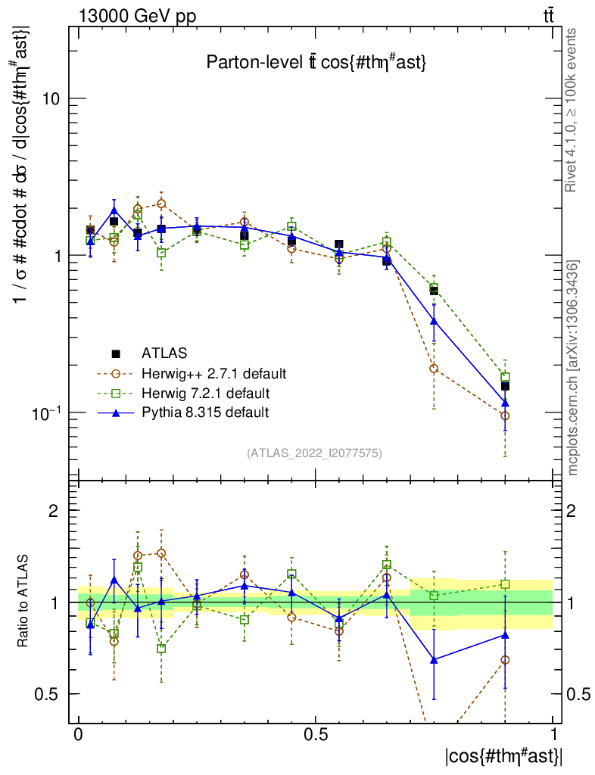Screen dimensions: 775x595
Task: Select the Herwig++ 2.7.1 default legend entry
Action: pos(213,373)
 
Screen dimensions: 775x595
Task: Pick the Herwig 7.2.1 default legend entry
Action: pos(205,393)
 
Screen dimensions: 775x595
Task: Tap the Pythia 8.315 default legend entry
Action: pos(204,412)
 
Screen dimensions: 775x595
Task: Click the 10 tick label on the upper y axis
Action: pos(51,98)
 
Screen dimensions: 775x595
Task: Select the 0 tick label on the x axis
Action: pos(78,735)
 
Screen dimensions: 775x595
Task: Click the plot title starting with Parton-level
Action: pos(317,64)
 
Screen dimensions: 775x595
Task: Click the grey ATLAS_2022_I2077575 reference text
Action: pos(314,453)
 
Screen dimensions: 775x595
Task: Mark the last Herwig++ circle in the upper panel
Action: pos(505,416)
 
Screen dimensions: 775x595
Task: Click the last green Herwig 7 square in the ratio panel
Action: pos(505,584)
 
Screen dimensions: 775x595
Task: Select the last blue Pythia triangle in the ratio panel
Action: pos(505,635)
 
